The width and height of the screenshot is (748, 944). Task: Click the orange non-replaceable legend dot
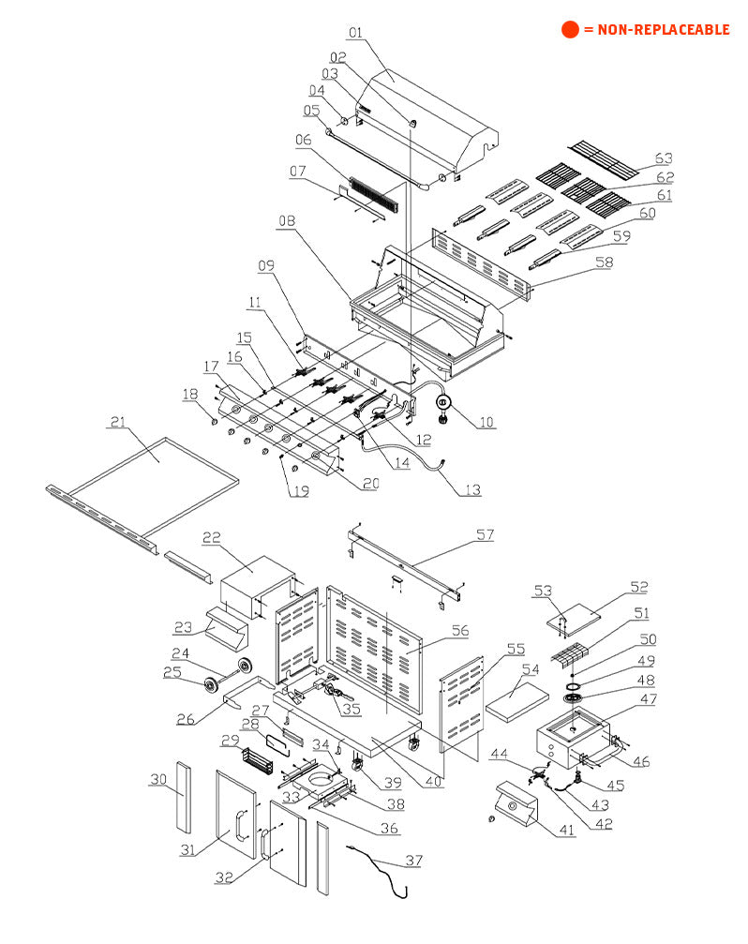pyautogui.click(x=570, y=29)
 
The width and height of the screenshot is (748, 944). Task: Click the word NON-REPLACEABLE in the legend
pyautogui.click(x=656, y=30)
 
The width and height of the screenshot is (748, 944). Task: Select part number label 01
pyautogui.click(x=355, y=33)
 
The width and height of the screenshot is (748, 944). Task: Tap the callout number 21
pyautogui.click(x=117, y=423)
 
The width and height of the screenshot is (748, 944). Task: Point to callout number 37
pyautogui.click(x=413, y=860)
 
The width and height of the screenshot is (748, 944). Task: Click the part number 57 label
pyautogui.click(x=485, y=535)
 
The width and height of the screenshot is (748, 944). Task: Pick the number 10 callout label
pyautogui.click(x=485, y=422)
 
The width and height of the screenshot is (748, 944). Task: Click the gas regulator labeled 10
pyautogui.click(x=446, y=407)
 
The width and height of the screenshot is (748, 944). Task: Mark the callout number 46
pyautogui.click(x=640, y=761)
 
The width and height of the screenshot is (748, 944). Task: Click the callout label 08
pyautogui.click(x=287, y=221)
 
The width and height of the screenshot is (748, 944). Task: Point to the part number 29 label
pyautogui.click(x=230, y=741)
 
